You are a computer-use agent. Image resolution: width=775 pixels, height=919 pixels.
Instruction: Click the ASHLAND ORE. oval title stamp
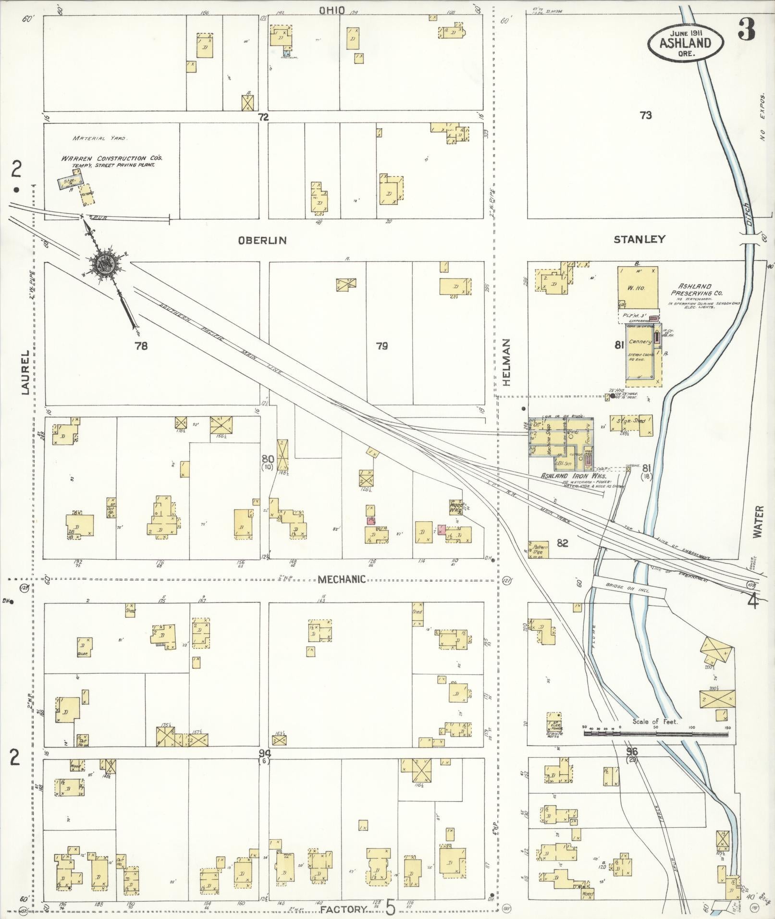(x=685, y=42)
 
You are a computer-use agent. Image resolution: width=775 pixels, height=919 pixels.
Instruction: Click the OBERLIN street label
(x=262, y=240)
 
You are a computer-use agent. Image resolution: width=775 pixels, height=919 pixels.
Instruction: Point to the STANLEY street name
(x=640, y=239)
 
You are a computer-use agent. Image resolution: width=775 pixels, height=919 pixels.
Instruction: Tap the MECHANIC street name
(x=342, y=579)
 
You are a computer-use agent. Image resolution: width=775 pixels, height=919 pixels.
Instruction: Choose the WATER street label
(x=758, y=521)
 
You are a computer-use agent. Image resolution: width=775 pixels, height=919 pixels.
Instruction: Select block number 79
(x=382, y=345)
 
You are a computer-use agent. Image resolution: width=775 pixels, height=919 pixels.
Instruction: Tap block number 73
(x=646, y=115)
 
